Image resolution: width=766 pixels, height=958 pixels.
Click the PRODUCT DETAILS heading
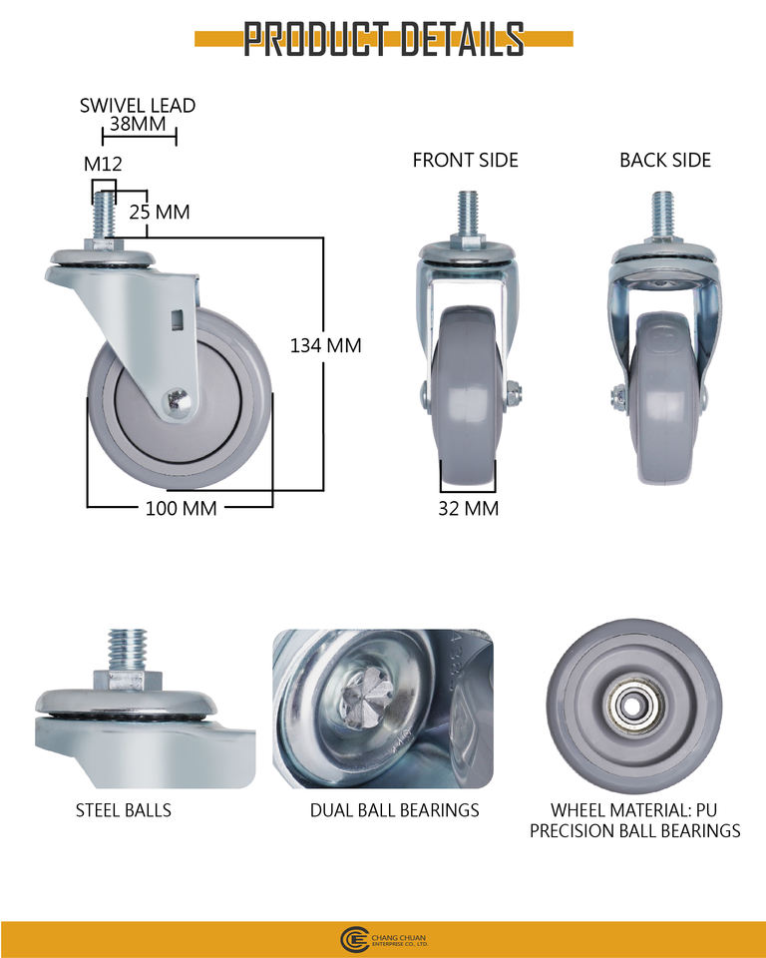point(384,39)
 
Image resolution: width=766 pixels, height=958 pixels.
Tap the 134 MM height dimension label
point(325,345)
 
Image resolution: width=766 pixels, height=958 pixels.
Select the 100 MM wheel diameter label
point(181,508)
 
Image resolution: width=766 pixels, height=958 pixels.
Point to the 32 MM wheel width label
point(469,508)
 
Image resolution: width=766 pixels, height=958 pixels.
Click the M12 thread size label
point(103,164)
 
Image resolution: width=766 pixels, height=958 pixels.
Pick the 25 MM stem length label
point(160,212)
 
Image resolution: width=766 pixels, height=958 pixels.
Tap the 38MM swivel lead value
point(138,124)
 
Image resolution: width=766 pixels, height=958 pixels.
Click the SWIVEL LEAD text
point(138,105)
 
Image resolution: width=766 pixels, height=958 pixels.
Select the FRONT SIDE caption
point(466,160)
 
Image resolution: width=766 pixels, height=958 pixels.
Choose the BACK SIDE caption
point(665,160)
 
